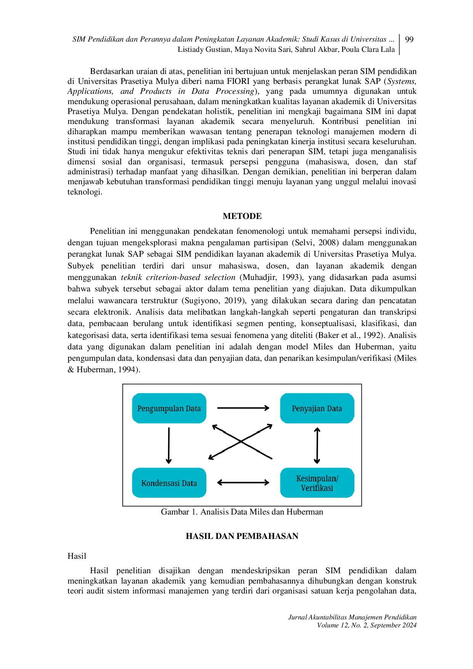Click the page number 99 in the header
point(409,40)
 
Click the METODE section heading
point(242,216)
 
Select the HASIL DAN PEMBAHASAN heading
point(242,536)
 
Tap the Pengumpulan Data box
point(169,408)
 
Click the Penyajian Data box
point(317,408)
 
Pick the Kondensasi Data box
point(169,483)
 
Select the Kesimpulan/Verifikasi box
point(317,483)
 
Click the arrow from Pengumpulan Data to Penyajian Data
point(243,408)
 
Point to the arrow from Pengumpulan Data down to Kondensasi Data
point(169,445)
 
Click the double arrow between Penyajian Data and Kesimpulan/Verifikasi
point(317,445)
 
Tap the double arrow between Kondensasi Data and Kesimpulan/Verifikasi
point(243,483)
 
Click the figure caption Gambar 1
point(242,512)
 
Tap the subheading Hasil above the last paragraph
point(77,556)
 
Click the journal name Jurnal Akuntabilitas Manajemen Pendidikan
point(352,618)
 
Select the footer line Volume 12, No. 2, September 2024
point(367,626)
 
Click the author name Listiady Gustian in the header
point(204,50)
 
